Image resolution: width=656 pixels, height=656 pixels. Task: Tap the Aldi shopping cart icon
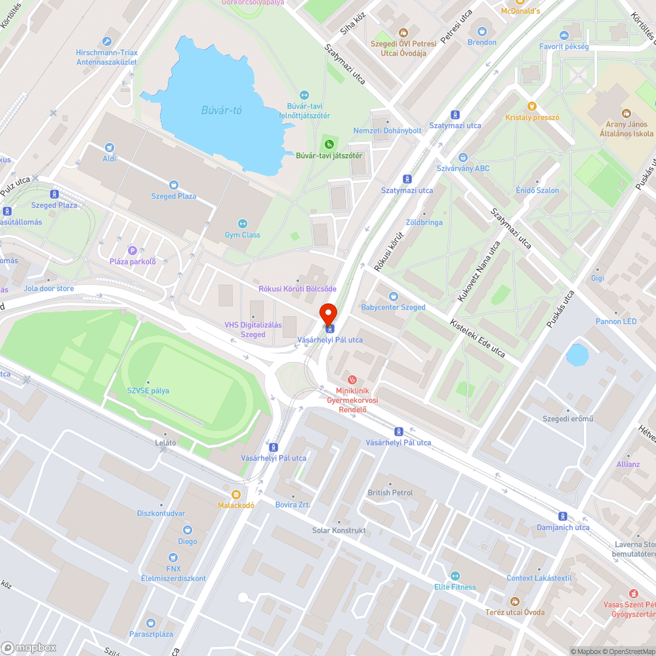tap(110, 148)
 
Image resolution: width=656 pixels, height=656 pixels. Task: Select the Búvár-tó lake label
tap(221, 110)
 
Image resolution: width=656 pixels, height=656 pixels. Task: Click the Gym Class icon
tap(243, 224)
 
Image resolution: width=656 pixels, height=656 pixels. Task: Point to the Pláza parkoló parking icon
tap(133, 251)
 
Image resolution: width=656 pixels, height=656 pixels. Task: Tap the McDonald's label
tap(520, 10)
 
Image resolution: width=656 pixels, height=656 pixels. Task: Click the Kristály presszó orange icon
tap(532, 106)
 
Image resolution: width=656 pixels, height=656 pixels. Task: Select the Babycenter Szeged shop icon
tap(394, 297)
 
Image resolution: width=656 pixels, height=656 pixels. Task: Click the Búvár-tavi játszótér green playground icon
tap(329, 144)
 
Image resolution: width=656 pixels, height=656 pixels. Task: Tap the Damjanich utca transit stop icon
tap(563, 516)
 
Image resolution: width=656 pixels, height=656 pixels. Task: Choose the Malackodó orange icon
tap(236, 494)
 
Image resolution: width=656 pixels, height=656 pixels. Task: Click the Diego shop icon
tap(188, 530)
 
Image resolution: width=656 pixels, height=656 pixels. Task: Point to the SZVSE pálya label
tap(148, 390)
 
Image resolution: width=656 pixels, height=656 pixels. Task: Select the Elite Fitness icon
tap(455, 575)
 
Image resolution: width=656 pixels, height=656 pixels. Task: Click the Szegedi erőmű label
tap(567, 419)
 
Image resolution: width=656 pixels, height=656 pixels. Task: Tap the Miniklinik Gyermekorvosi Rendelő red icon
tap(352, 379)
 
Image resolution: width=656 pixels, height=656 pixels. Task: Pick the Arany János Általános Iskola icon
tap(625, 113)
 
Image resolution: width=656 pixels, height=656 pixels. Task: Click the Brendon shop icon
tap(482, 31)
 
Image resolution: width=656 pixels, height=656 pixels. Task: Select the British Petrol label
tap(390, 493)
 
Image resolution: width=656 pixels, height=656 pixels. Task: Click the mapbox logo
tap(29, 647)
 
